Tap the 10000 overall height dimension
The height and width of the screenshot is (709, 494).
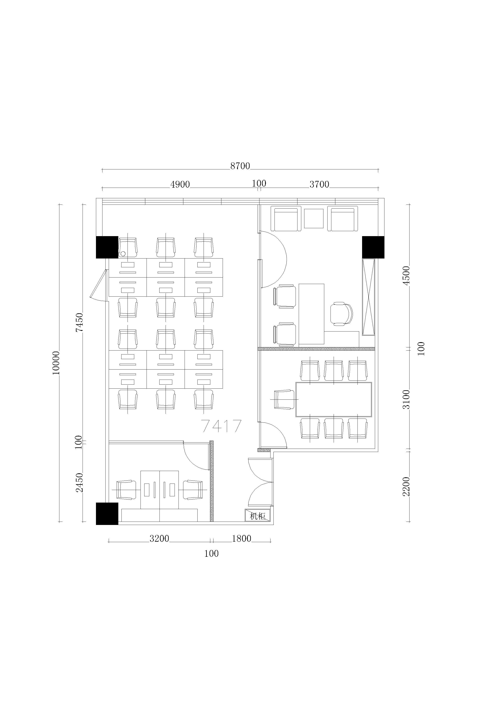pyautogui.click(x=56, y=363)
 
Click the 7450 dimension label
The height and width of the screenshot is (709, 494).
pyautogui.click(x=80, y=322)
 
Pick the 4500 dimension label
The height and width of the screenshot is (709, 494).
pyautogui.click(x=407, y=275)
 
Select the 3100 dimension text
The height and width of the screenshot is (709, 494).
pyautogui.click(x=407, y=399)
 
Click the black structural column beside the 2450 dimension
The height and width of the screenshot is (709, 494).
pyautogui.click(x=107, y=513)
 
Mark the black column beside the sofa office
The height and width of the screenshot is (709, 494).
pyautogui.click(x=373, y=247)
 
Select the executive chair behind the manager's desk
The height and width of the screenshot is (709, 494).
pyautogui.click(x=341, y=314)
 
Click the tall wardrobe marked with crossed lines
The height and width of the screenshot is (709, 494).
pyautogui.click(x=368, y=297)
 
